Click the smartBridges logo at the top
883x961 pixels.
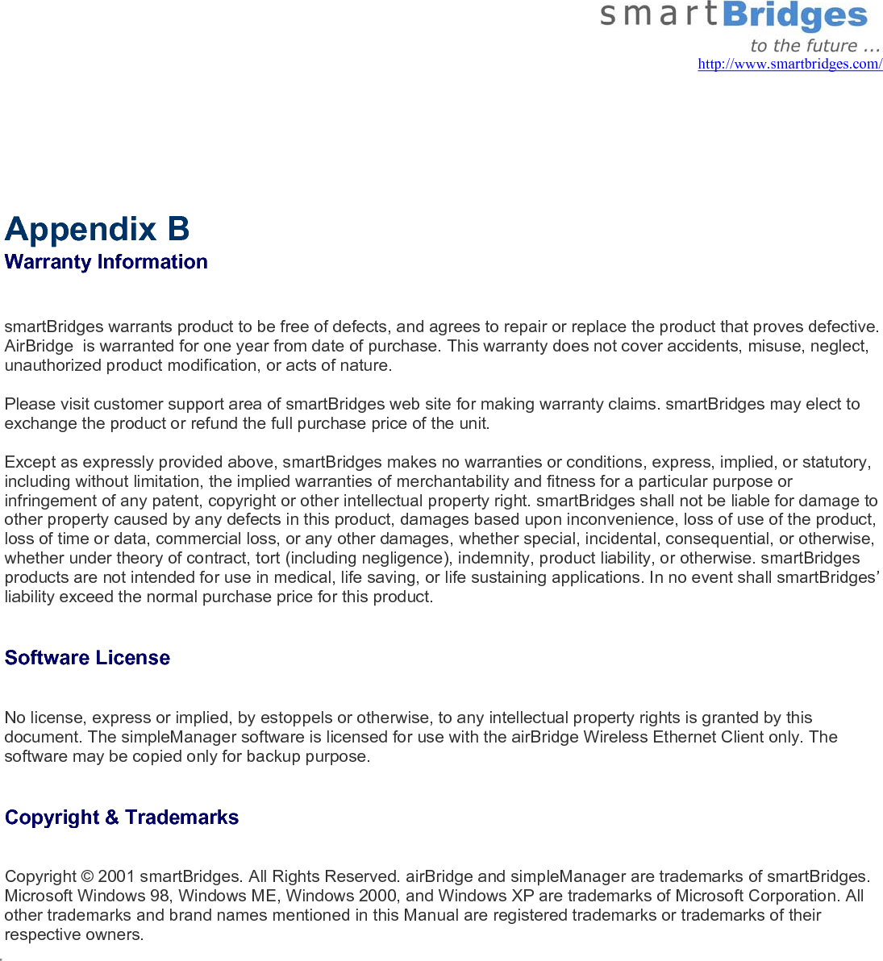tap(733, 16)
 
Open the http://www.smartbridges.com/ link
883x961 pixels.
tap(789, 64)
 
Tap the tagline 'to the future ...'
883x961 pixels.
tap(814, 45)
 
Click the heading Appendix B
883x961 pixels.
tap(97, 229)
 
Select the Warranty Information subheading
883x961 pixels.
tap(106, 262)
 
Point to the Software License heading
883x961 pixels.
tap(87, 658)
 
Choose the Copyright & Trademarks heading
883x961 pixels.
tap(122, 817)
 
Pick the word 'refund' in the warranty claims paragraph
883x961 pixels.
tap(214, 423)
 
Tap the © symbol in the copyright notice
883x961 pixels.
tap(87, 876)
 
